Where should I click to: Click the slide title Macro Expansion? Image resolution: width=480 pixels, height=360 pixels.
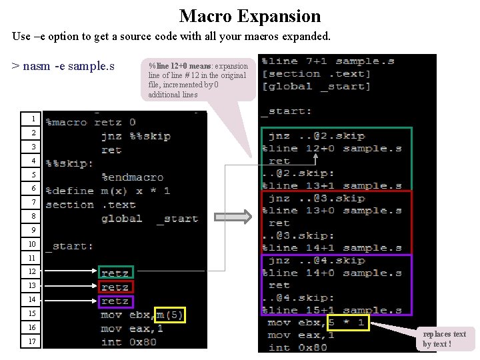coord(249,16)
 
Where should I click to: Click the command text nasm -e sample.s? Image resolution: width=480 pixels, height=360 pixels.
coord(63,66)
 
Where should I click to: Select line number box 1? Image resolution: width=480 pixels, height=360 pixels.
coord(32,119)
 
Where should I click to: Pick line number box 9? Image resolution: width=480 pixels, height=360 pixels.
coord(32,230)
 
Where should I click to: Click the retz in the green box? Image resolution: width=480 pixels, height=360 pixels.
coord(115,273)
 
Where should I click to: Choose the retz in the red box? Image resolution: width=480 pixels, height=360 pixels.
coord(115,287)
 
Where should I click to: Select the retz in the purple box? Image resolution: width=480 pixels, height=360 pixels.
coord(115,301)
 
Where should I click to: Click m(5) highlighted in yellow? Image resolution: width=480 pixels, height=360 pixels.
coord(169,315)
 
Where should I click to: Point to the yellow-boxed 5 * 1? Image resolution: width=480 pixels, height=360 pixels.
coord(345,323)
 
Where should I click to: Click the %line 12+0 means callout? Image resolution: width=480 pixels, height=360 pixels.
coord(198,80)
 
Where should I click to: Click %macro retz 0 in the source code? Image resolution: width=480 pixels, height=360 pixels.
coord(90,122)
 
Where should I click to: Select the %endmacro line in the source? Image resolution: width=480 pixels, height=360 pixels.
coord(132,177)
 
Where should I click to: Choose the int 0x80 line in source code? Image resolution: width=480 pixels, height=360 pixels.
coord(130,342)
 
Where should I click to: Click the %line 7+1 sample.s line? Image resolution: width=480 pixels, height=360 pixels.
coord(328,61)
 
